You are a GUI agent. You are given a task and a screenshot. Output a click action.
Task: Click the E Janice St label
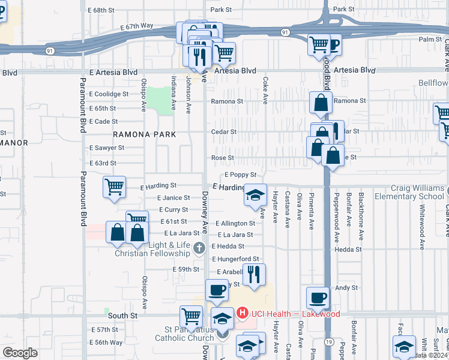(173, 198)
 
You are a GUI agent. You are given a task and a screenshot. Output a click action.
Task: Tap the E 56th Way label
(106, 343)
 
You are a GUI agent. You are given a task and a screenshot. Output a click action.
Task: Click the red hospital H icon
(243, 313)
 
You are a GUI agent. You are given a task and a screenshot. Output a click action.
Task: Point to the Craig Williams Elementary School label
(409, 193)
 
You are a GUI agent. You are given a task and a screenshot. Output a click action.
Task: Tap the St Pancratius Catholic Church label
(188, 334)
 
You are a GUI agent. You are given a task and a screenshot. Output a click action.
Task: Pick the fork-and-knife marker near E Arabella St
(255, 274)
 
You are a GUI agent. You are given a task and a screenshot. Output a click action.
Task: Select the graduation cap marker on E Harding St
(255, 193)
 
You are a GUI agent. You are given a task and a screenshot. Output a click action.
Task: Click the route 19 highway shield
(330, 341)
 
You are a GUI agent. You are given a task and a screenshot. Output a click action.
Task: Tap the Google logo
(20, 353)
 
